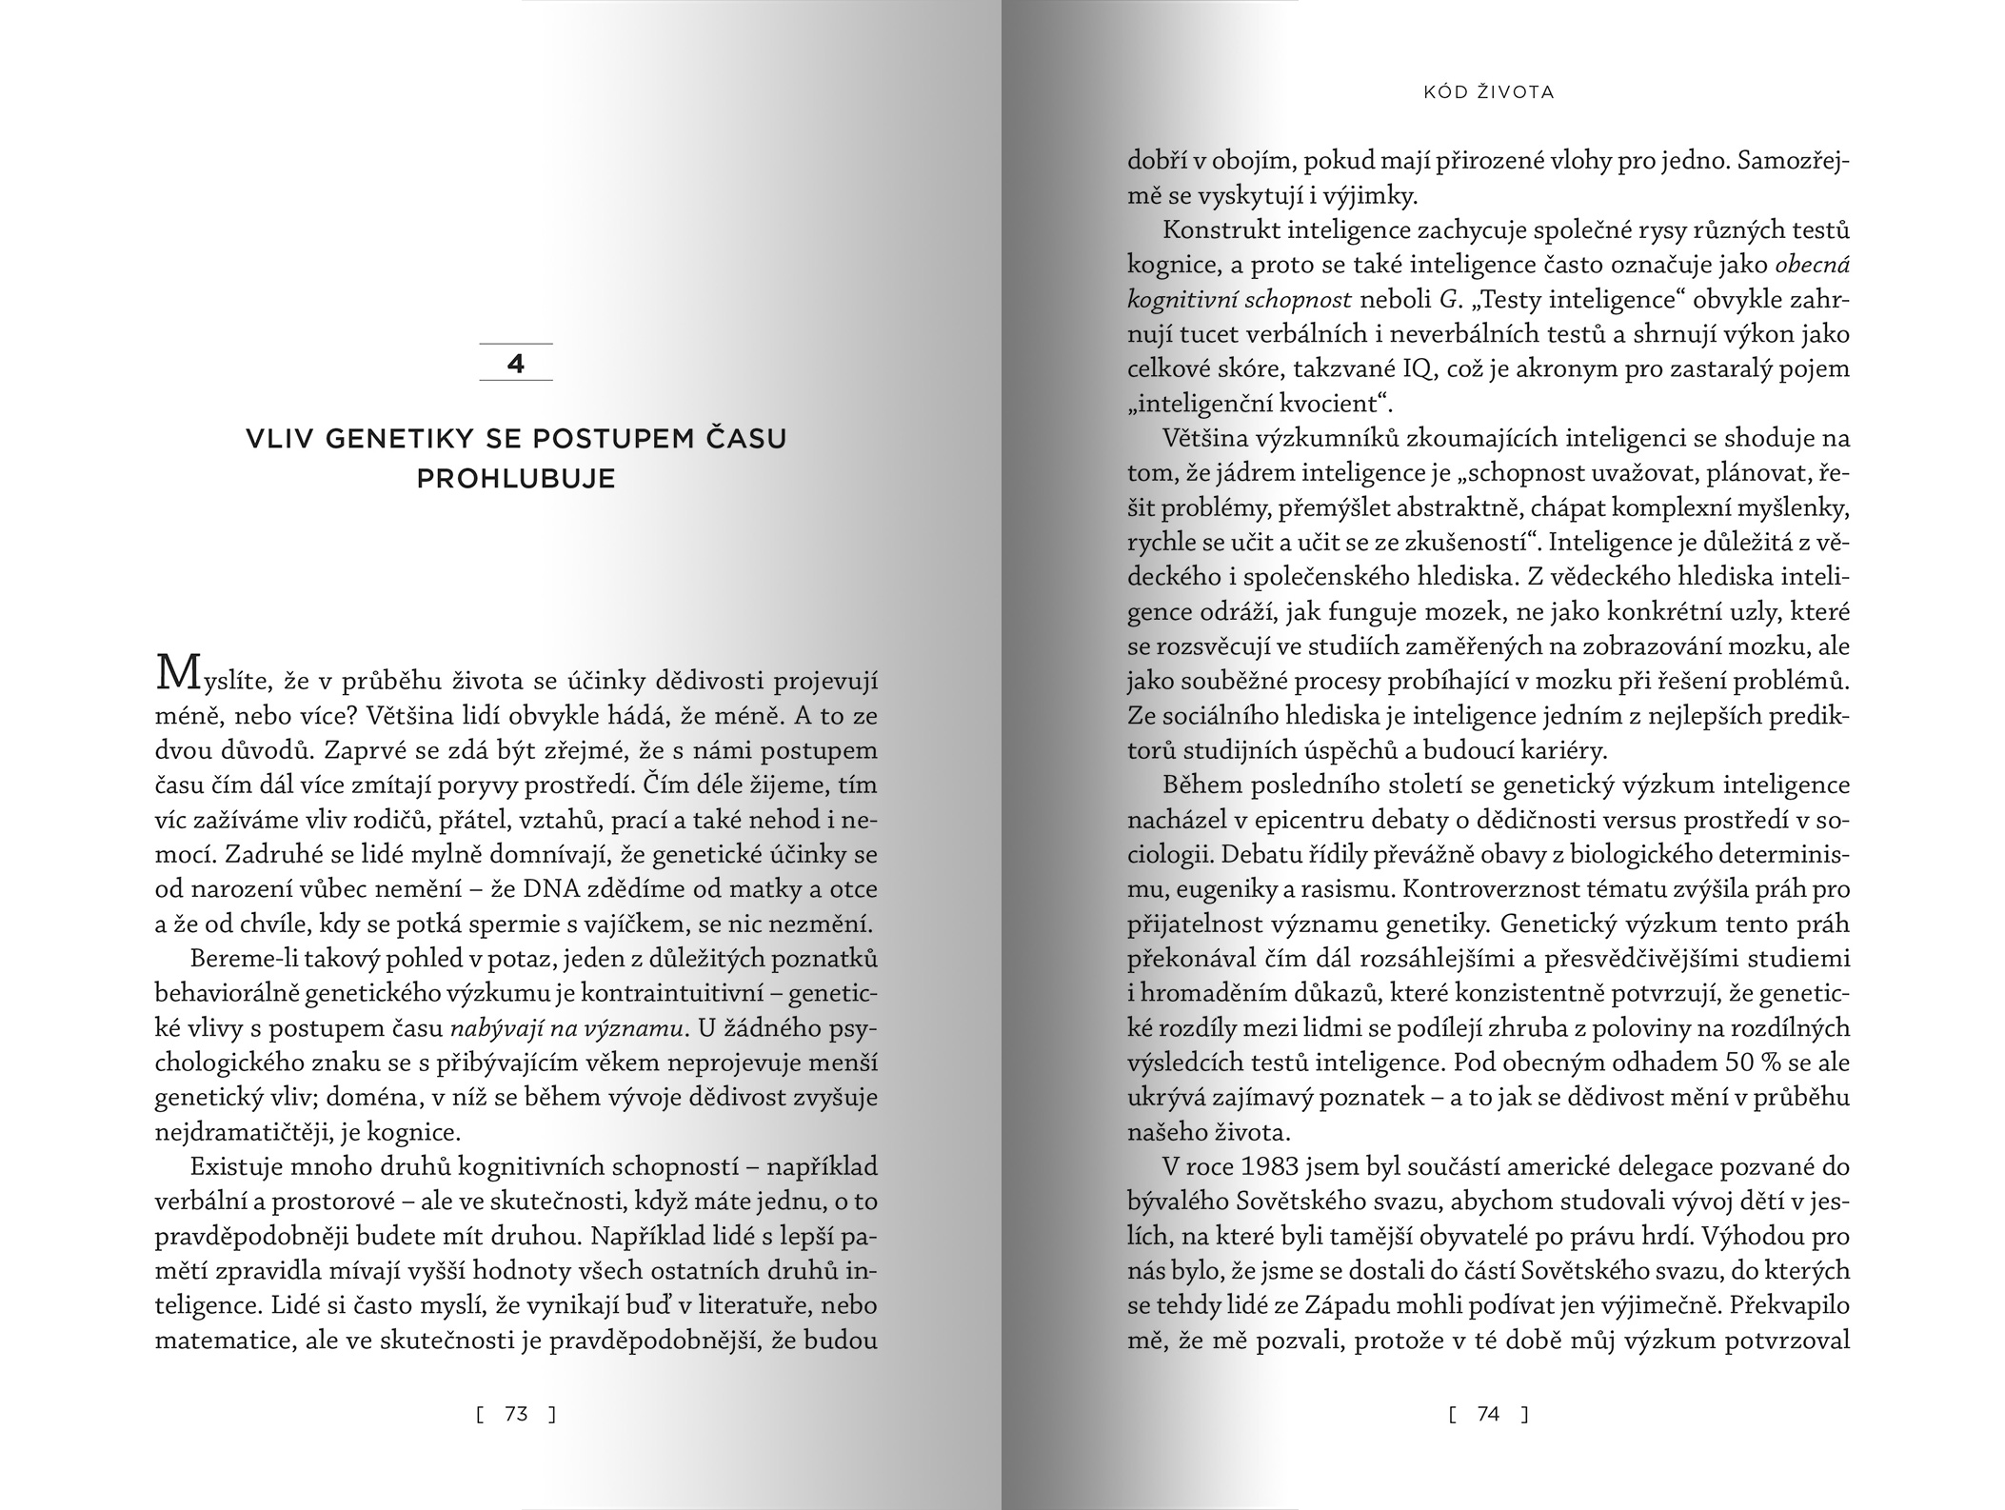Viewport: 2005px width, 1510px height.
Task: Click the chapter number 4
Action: (x=516, y=364)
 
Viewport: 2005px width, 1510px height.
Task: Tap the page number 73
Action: (x=516, y=1415)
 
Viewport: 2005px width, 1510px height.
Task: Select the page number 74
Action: (x=1488, y=1415)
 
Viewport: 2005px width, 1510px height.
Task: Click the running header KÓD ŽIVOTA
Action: (x=1489, y=92)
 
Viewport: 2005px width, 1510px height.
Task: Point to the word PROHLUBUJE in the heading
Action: (x=516, y=479)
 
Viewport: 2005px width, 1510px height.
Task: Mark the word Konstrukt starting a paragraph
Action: (x=1219, y=231)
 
